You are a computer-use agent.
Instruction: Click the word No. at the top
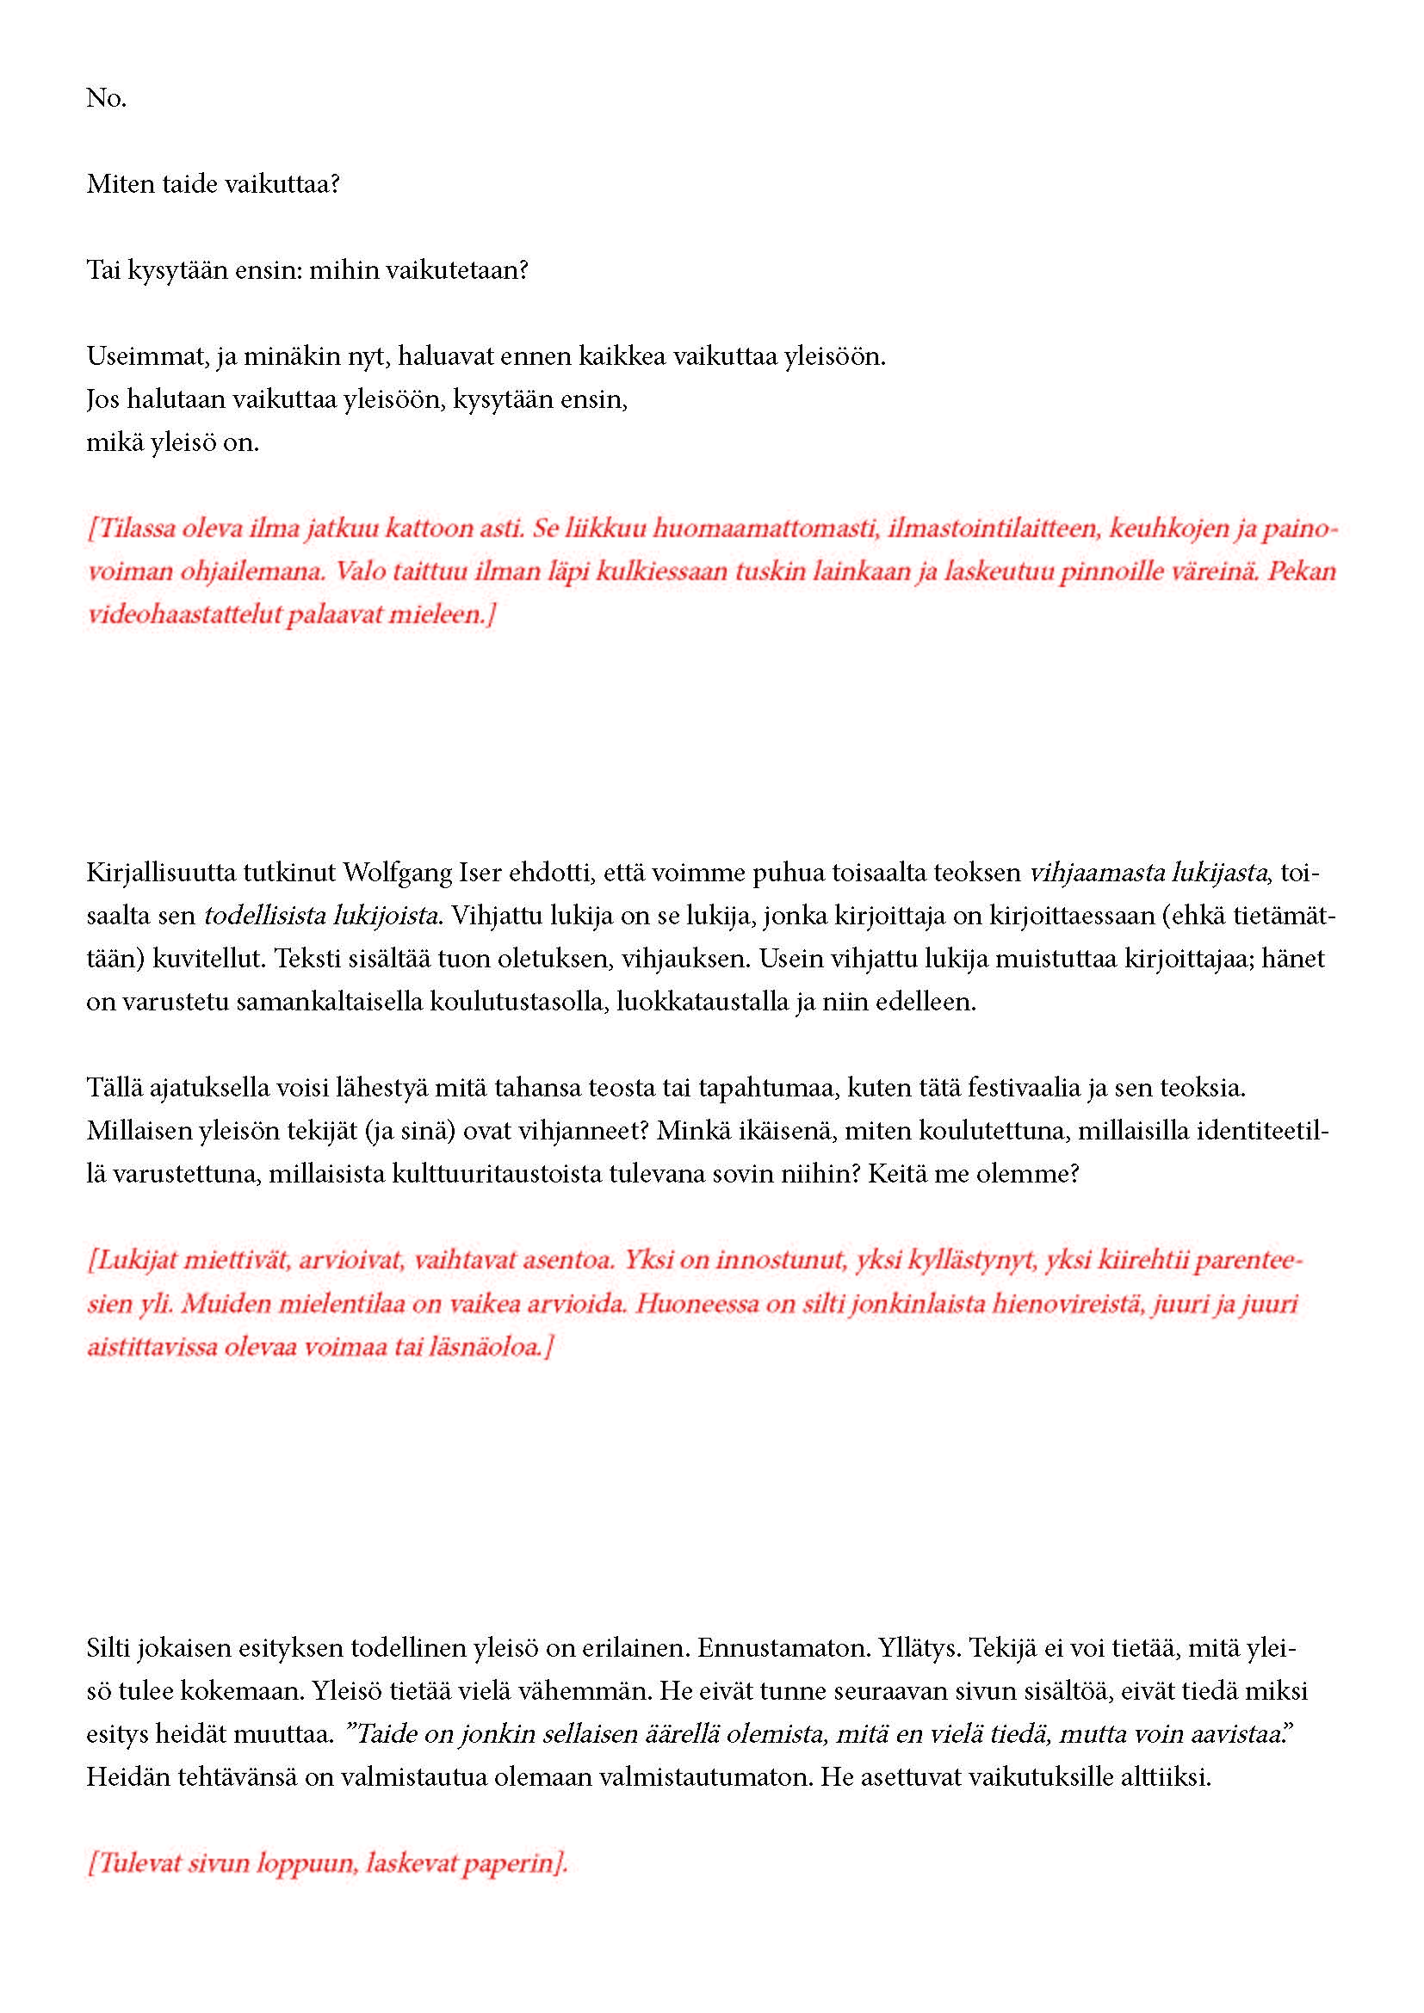106,98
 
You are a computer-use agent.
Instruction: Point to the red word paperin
516,1863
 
